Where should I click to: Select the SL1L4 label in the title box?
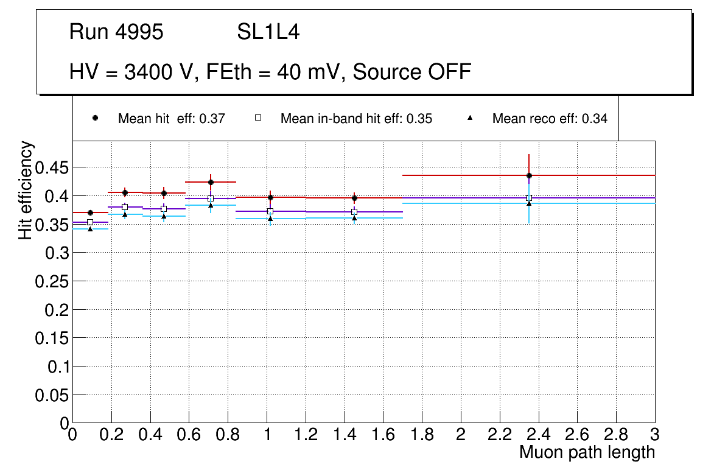pyautogui.click(x=268, y=32)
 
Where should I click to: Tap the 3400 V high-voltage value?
pyautogui.click(x=156, y=72)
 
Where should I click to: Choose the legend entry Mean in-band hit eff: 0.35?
pyautogui.click(x=356, y=119)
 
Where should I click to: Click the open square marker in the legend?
pyautogui.click(x=257, y=118)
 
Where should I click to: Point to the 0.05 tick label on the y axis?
pyautogui.click(x=51, y=395)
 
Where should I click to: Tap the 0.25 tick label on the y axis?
pyautogui.click(x=51, y=281)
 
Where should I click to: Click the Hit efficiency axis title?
pyautogui.click(x=26, y=191)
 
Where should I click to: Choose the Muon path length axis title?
pyautogui.click(x=587, y=452)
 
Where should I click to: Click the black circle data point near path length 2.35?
pyautogui.click(x=529, y=175)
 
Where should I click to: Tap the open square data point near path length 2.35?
pyautogui.click(x=529, y=198)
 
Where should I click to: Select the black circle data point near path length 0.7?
pyautogui.click(x=211, y=182)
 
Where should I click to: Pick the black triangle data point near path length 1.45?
pyautogui.click(x=354, y=218)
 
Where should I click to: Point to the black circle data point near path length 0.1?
pyautogui.click(x=90, y=212)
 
